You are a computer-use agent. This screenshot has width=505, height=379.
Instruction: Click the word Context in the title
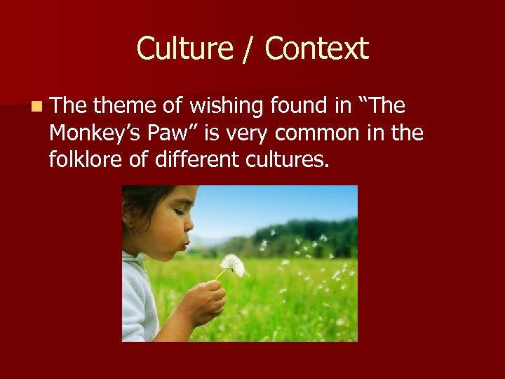pos(316,49)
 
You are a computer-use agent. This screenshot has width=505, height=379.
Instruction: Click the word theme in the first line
pos(122,106)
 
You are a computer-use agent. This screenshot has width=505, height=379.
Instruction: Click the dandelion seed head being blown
pos(232,265)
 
